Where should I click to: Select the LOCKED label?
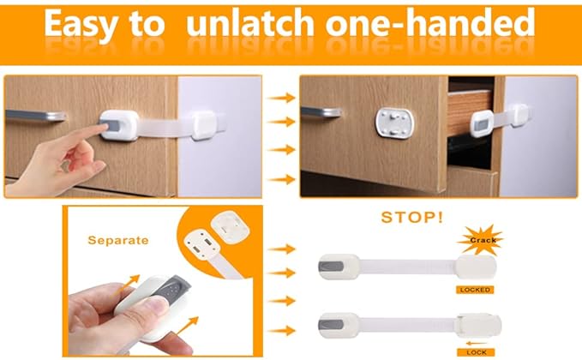476,290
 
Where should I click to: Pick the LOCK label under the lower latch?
475,351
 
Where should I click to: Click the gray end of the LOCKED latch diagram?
325,264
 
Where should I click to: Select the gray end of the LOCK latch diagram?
325,326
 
